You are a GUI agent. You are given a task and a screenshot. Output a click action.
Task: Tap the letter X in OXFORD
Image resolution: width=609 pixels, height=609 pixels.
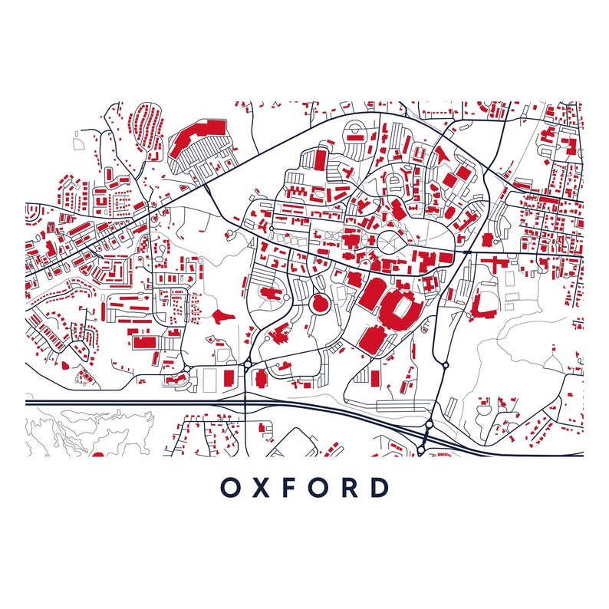[x=262, y=487]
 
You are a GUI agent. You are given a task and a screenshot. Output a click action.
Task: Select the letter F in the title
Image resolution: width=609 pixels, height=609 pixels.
[x=291, y=487]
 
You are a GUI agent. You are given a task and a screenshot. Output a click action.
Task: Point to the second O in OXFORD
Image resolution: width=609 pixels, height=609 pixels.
[x=321, y=487]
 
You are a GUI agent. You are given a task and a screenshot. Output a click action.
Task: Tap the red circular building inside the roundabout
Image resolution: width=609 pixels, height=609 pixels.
[x=320, y=304]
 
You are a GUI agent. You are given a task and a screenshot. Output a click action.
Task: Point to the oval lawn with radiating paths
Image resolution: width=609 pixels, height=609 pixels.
[x=393, y=241]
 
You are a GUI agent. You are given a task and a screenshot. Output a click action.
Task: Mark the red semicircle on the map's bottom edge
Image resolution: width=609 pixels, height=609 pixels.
[x=97, y=454]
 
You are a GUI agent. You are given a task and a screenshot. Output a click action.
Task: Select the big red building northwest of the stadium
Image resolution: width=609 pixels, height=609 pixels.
[x=374, y=293]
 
